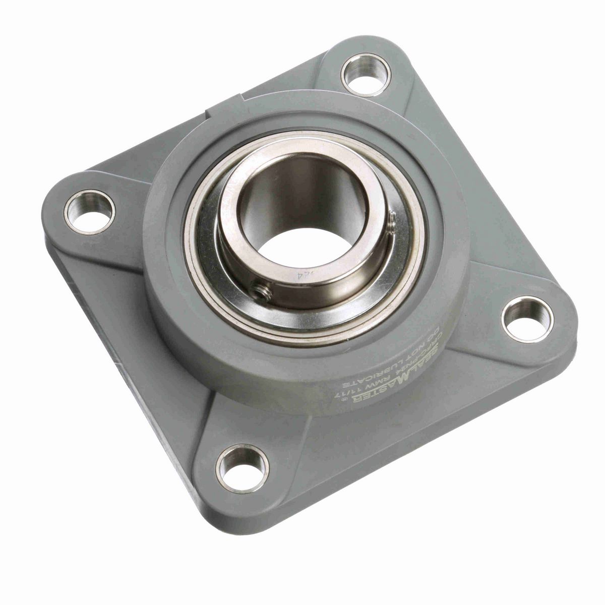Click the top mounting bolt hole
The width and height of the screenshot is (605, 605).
tap(366, 75)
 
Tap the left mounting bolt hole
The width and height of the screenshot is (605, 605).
tap(89, 212)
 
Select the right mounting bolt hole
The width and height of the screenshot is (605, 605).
tap(527, 320)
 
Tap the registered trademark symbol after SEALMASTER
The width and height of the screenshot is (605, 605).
tap(345, 399)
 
